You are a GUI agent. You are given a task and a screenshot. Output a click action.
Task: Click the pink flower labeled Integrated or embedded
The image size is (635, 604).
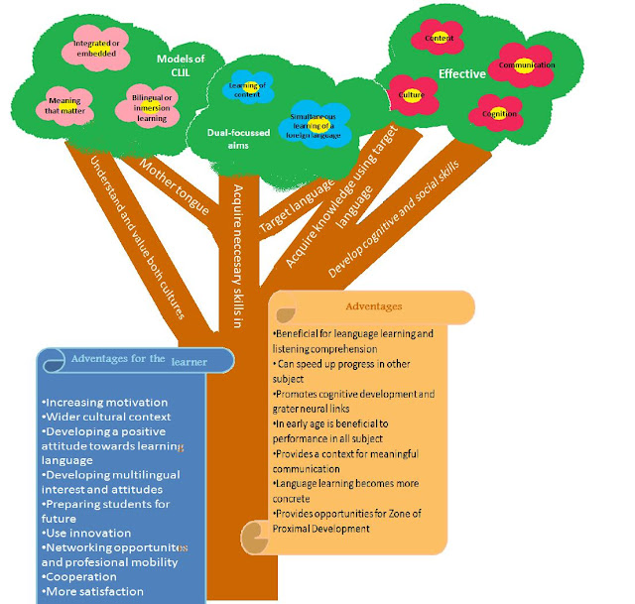click(97, 48)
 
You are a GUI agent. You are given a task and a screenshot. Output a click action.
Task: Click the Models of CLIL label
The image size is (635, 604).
click(180, 64)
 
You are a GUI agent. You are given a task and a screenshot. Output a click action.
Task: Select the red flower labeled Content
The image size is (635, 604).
click(439, 39)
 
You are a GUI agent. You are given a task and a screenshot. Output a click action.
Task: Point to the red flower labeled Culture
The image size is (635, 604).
click(412, 94)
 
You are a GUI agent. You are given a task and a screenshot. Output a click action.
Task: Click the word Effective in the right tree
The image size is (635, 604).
click(461, 73)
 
